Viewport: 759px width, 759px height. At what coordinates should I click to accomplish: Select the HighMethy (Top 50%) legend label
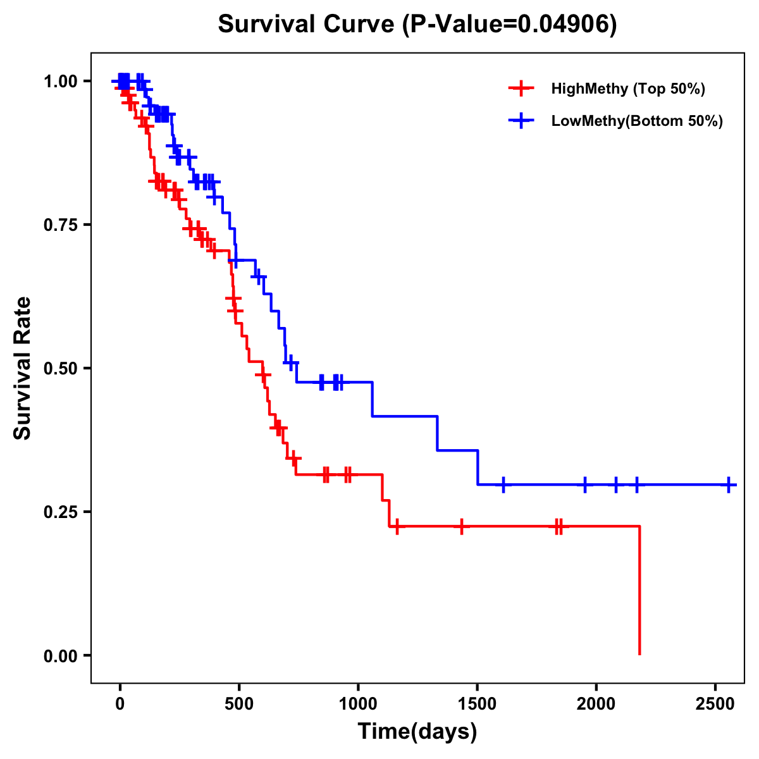click(628, 89)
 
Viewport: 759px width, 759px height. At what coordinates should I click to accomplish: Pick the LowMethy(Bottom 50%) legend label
click(637, 121)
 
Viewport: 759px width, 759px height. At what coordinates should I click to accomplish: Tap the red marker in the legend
click(521, 89)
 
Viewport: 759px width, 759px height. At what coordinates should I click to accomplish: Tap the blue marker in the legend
click(521, 121)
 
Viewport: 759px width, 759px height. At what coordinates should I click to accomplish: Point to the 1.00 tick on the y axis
click(61, 81)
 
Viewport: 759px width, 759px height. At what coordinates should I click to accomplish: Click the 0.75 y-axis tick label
click(61, 225)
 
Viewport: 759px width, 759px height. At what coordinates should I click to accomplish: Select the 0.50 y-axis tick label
click(61, 368)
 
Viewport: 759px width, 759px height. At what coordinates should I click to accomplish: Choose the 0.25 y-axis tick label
click(61, 512)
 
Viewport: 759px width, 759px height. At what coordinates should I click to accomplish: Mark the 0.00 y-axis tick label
click(61, 655)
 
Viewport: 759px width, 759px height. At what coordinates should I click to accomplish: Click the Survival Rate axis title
click(23, 368)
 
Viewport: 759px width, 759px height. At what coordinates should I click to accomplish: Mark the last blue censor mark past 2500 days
click(729, 485)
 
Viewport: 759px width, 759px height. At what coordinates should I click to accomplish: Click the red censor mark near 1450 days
click(462, 526)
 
